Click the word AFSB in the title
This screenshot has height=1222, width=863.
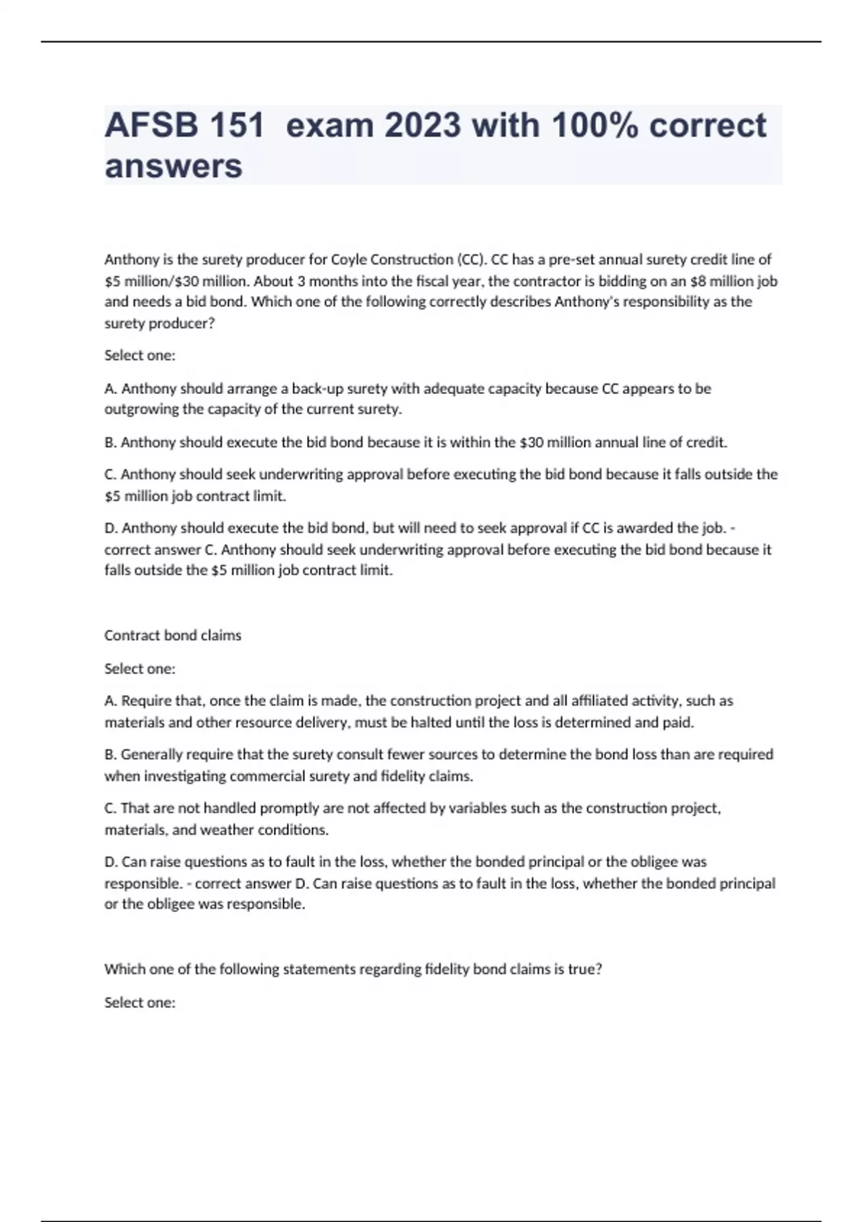150,126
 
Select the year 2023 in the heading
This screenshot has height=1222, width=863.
422,126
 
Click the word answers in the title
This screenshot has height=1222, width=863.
173,167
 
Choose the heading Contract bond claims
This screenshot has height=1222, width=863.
173,635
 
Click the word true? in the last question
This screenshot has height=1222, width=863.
585,970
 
